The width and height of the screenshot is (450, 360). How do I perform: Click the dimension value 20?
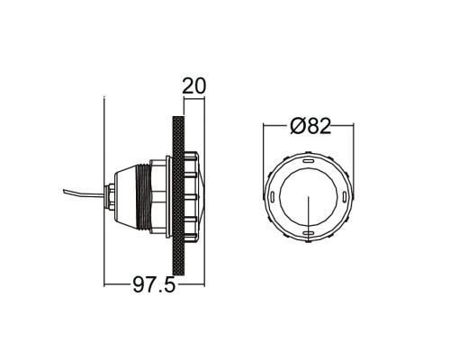[194, 86]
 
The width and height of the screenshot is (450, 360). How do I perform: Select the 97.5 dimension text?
[154, 284]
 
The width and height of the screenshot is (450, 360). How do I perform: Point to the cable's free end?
[64, 191]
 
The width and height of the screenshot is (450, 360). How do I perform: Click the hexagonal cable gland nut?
[112, 197]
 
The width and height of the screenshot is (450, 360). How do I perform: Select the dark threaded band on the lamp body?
[143, 197]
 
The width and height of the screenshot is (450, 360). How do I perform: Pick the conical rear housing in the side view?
[125, 197]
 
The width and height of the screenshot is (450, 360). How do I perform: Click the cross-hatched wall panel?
[178, 195]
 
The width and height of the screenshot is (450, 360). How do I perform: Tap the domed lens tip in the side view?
[203, 197]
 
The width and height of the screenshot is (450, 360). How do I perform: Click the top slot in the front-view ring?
[308, 161]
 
